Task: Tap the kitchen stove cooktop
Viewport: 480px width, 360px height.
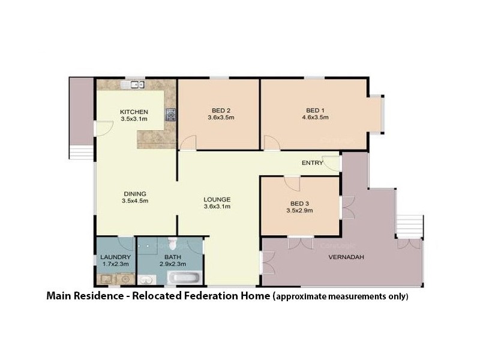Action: [171, 114]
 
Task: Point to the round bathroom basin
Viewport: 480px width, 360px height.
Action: [146, 279]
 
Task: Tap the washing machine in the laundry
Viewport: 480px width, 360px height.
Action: [125, 278]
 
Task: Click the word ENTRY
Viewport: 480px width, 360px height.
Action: [313, 163]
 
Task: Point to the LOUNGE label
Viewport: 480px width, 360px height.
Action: [217, 199]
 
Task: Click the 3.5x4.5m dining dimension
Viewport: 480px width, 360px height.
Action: [134, 201]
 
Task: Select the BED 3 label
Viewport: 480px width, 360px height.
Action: [297, 203]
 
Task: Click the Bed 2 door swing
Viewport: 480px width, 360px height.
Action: [188, 143]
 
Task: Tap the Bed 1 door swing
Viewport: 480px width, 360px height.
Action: [271, 143]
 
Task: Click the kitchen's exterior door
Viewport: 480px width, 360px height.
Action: [103, 128]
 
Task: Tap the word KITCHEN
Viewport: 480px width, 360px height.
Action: [134, 112]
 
